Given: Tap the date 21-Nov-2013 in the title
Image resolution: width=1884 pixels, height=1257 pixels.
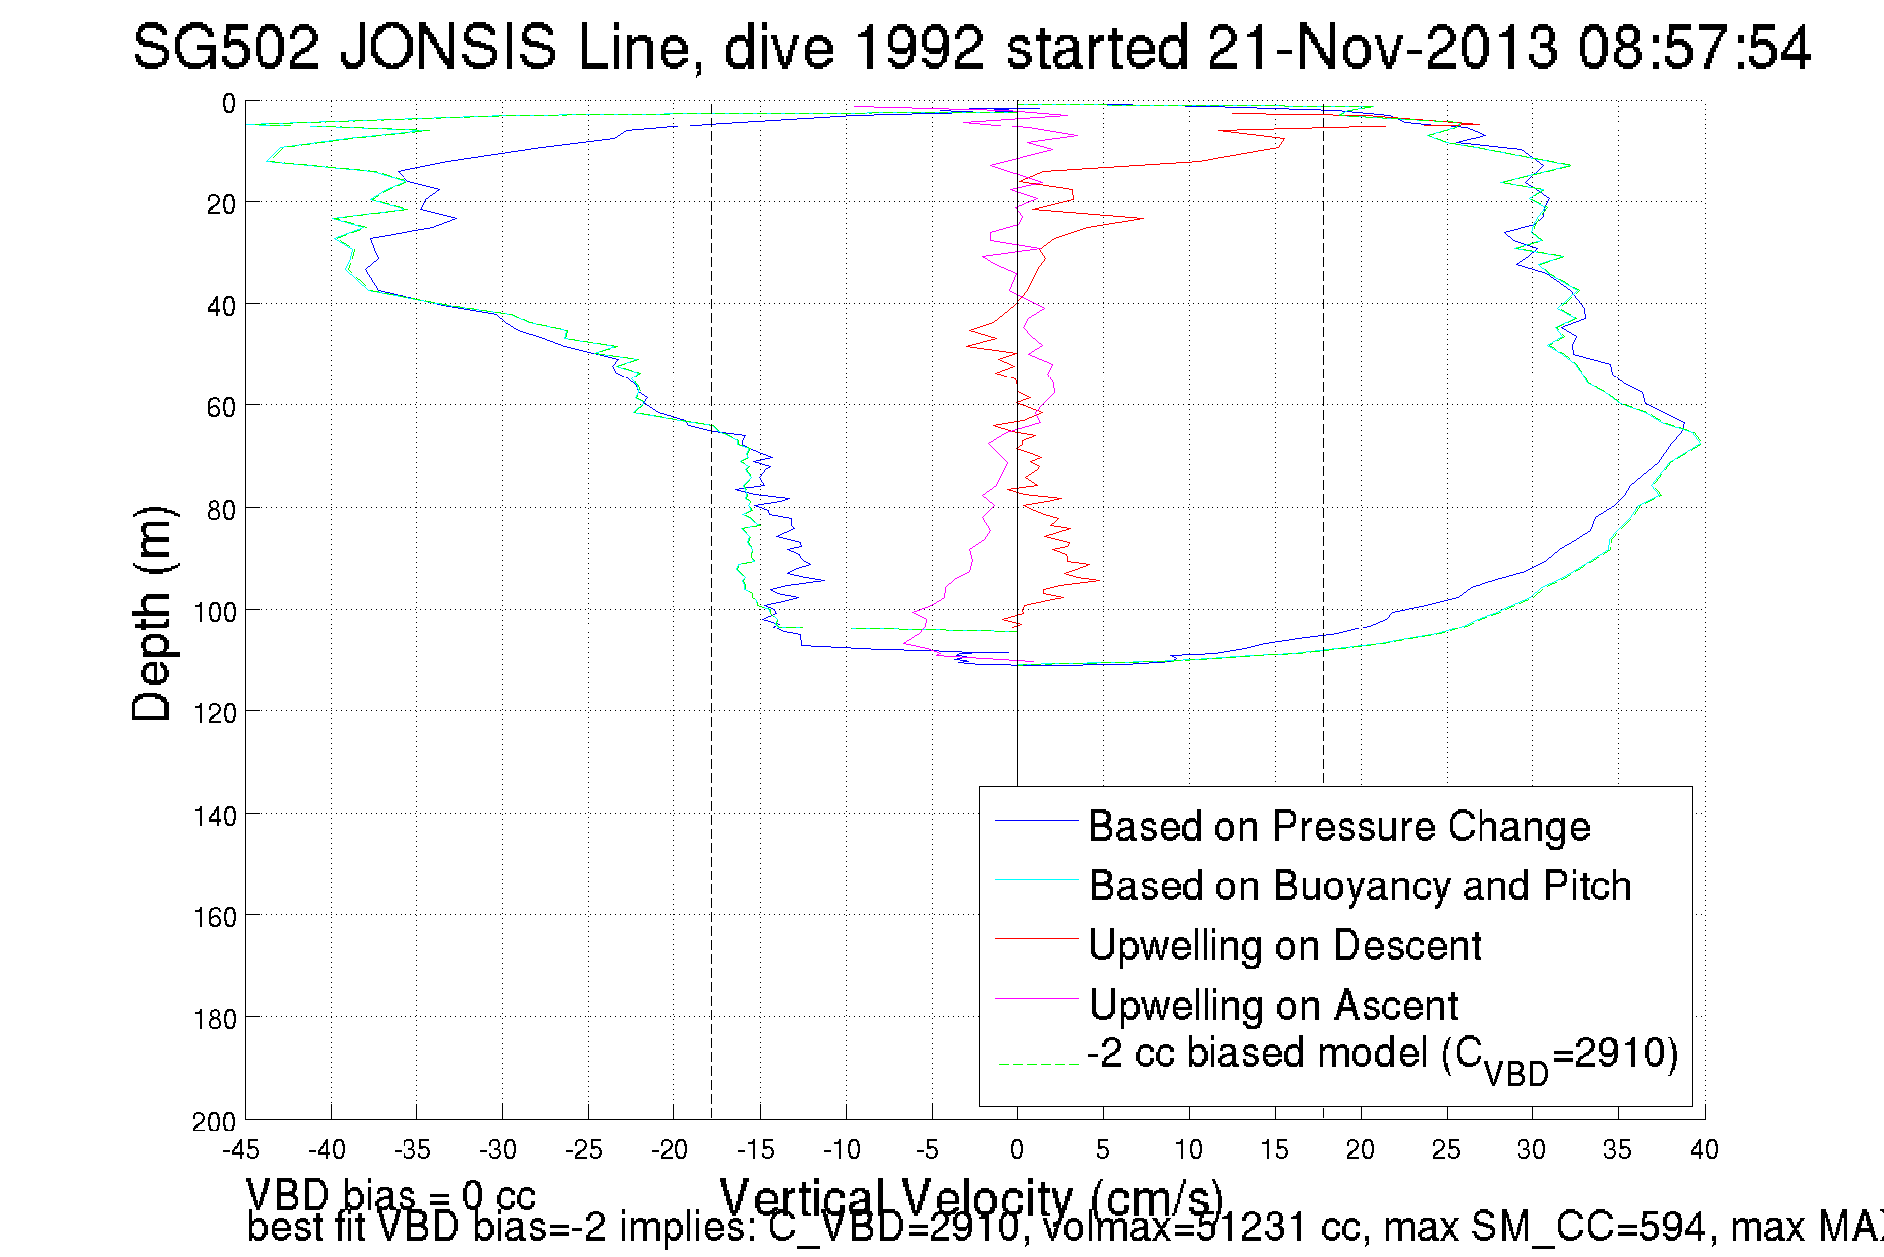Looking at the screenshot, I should pos(1383,47).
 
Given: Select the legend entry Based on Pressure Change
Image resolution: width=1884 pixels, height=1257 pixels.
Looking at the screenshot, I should pos(1338,826).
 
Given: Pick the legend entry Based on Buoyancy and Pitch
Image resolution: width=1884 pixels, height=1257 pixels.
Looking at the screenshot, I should pos(1359,885).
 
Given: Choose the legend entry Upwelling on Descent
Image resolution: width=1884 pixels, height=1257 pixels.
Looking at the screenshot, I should pos(1284,945).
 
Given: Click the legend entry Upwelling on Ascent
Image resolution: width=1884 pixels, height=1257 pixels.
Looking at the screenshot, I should pos(1272,1005).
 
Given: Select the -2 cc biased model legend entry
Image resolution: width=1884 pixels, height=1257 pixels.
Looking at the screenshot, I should pos(1382,1055).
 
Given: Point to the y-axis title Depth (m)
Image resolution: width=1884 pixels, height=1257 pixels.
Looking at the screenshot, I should pos(152,614).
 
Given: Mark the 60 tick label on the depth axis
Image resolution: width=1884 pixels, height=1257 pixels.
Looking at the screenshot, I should pos(221,407).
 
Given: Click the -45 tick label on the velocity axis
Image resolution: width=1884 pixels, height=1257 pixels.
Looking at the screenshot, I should pos(240,1150).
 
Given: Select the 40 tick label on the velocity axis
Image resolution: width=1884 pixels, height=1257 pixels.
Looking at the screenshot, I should pos(1704,1150).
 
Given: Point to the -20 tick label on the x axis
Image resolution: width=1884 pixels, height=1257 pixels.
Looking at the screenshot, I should pos(669,1150).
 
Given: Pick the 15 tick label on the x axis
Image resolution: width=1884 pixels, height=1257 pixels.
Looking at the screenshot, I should pos(1274,1150).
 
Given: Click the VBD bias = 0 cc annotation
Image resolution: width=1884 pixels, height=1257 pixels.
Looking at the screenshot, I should pos(391,1194).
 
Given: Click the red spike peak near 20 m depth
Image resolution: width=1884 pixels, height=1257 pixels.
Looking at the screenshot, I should pos(1142,218).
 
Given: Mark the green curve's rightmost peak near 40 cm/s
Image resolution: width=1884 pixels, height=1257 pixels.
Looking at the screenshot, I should pos(1701,441).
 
